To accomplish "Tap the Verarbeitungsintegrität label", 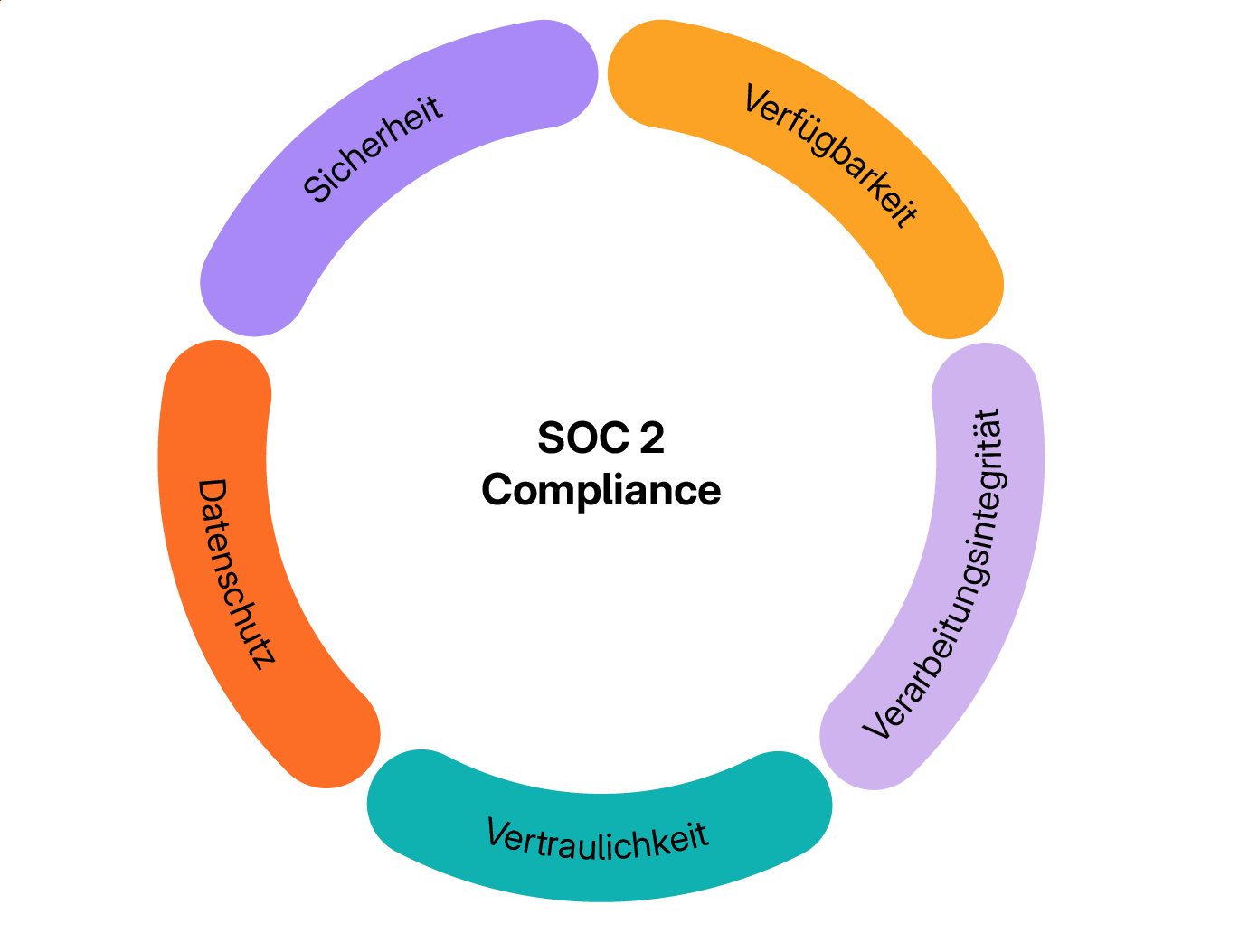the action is [935, 575].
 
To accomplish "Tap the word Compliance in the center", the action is [601, 490].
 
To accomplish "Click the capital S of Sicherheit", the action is [317, 188].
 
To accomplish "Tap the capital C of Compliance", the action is [498, 490].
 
